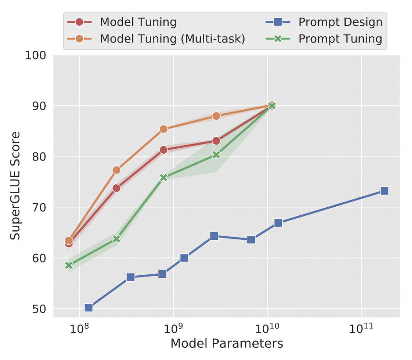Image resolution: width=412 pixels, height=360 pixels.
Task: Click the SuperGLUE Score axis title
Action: click(16, 186)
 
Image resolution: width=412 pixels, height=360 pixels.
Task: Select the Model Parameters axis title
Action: click(226, 344)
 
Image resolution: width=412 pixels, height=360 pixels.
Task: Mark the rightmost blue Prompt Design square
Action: click(384, 191)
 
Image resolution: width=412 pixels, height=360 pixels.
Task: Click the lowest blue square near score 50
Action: click(88, 308)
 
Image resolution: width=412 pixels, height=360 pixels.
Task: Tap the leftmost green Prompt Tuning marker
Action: click(69, 265)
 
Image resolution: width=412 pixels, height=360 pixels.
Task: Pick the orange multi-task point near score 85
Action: click(164, 129)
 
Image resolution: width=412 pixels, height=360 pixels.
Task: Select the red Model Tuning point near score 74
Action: click(116, 188)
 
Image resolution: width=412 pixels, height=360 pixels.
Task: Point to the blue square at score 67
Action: click(278, 223)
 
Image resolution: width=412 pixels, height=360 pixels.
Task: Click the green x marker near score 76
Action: click(163, 178)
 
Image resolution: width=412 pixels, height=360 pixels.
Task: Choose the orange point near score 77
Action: click(116, 170)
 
